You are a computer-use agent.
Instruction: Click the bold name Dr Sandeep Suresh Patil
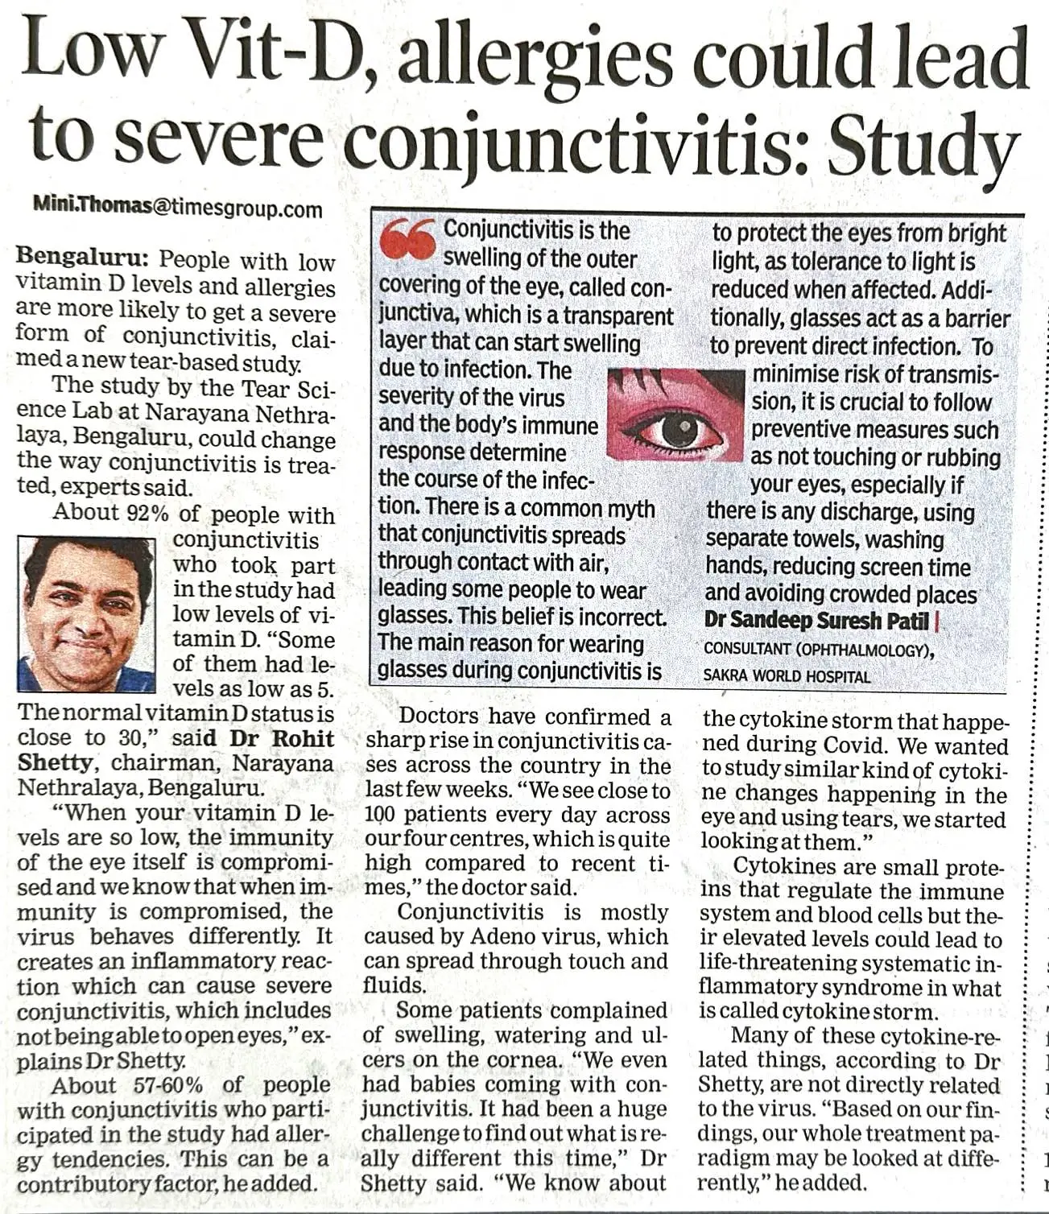pos(816,621)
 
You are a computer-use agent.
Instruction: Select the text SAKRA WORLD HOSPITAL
pos(787,676)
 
